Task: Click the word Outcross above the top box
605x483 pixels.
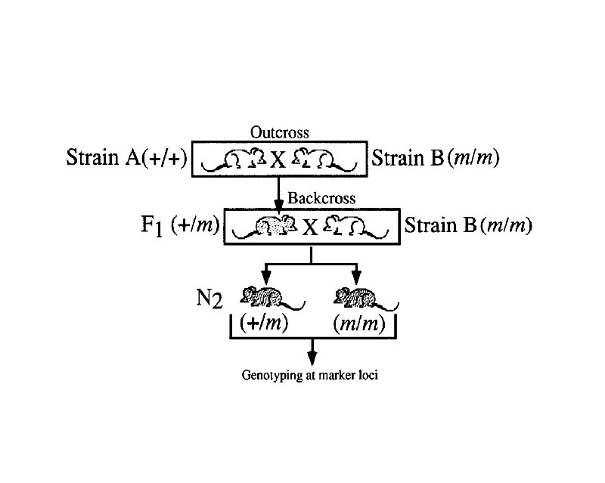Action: pyautogui.click(x=279, y=133)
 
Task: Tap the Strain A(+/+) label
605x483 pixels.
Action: pyautogui.click(x=126, y=159)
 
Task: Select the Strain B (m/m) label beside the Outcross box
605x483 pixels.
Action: pyautogui.click(x=435, y=159)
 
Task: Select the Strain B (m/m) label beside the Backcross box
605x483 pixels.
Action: pyautogui.click(x=468, y=224)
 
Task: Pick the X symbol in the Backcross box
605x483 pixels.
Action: pyautogui.click(x=311, y=227)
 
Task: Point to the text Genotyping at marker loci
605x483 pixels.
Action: pyautogui.click(x=309, y=374)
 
